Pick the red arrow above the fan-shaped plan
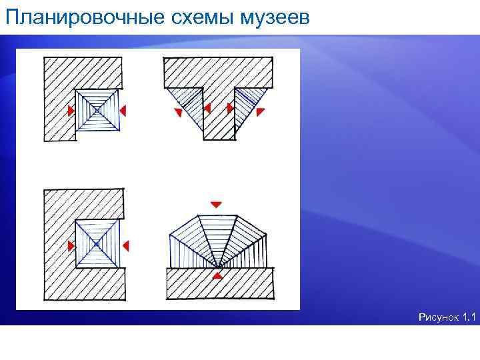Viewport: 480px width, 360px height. coord(215,203)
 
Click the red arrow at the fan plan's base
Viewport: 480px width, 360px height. coord(217,274)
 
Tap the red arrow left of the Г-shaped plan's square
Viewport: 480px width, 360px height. coord(71,110)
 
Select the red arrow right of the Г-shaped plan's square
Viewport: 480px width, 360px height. coord(123,109)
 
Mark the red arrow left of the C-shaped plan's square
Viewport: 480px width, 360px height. coord(71,246)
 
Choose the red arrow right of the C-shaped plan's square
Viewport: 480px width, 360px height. coord(125,246)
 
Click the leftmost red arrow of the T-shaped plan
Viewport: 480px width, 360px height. coord(178,113)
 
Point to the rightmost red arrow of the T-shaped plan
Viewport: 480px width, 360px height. coord(261,111)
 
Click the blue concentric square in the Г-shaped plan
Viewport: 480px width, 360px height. coord(97,109)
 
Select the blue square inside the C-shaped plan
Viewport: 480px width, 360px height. coord(97,245)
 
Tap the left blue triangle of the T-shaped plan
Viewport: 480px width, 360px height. coord(187,103)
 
